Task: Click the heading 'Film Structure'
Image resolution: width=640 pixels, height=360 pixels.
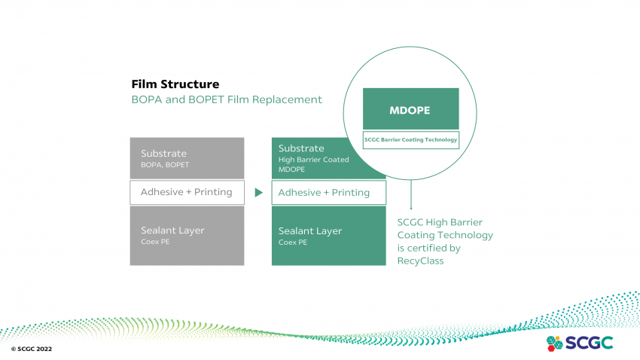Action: [x=175, y=84]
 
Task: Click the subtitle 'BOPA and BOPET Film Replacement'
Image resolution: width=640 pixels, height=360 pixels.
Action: [x=227, y=99]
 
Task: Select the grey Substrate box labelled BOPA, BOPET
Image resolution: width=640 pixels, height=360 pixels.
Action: [x=187, y=158]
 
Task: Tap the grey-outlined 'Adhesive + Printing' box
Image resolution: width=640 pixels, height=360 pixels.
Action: [x=187, y=192]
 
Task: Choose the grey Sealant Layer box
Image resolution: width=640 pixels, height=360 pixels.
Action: [x=187, y=236]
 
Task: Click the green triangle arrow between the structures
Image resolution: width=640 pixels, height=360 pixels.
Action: [x=258, y=193]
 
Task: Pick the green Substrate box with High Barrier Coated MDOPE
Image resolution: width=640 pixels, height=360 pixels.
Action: [x=328, y=158]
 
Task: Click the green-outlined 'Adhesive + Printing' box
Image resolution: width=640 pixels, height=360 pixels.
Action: [x=328, y=193]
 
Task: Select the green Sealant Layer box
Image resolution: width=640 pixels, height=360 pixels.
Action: [x=328, y=236]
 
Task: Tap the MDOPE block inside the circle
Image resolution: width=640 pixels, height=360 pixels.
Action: [x=410, y=109]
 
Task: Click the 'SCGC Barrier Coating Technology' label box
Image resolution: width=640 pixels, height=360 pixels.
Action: [x=410, y=139]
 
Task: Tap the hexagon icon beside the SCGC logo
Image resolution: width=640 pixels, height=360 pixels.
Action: [x=554, y=343]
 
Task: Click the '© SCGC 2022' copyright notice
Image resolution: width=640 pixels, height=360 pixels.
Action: [x=32, y=350]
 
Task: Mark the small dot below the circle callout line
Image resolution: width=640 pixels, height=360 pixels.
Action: [x=411, y=208]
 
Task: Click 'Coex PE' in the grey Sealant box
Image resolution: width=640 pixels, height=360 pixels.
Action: [x=155, y=243]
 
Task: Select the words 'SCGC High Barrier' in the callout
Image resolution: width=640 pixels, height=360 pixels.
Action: [x=440, y=222]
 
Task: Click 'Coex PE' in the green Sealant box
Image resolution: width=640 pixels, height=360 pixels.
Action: [x=293, y=243]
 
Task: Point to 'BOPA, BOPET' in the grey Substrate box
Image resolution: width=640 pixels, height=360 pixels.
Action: [x=165, y=164]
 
